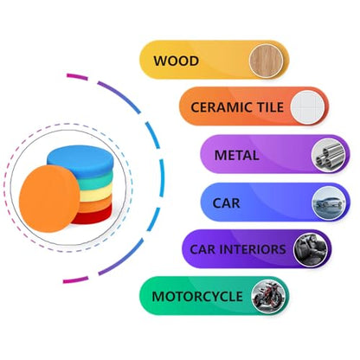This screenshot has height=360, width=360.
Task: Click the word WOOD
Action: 177,61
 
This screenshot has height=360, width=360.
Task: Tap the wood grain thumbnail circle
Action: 267,61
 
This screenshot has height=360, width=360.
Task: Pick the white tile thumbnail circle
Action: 307,107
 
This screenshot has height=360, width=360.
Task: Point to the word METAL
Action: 236,156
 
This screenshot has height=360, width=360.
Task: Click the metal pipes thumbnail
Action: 329,155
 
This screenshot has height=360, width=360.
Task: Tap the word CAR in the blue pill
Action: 226,203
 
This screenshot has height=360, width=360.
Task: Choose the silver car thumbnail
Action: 329,202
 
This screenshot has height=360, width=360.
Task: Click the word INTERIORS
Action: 253,249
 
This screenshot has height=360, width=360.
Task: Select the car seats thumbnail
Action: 311,249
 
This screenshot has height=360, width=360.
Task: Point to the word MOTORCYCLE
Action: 197,297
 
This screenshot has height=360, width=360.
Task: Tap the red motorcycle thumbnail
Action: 268,296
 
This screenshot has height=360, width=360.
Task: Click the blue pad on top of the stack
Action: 80,160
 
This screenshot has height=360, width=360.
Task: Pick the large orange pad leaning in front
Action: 49,199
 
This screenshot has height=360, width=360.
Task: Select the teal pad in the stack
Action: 94,182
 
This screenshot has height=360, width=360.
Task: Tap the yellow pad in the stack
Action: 96,193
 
